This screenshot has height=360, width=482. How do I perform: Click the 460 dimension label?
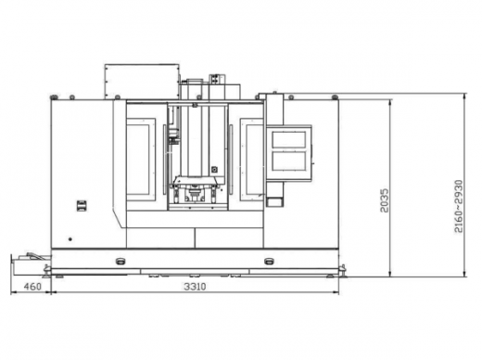click(x=32, y=287)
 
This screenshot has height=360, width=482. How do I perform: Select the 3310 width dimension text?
click(x=195, y=287)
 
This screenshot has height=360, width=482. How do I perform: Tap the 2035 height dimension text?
click(x=385, y=200)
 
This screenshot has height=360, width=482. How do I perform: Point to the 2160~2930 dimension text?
click(x=459, y=206)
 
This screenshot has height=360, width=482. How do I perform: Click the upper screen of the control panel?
click(x=289, y=139)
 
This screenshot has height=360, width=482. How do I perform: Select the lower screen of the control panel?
click(x=289, y=161)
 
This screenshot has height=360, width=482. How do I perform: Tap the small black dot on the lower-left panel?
click(x=70, y=239)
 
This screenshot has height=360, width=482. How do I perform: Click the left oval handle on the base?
click(x=120, y=262)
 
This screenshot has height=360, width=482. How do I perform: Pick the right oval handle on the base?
click(x=269, y=262)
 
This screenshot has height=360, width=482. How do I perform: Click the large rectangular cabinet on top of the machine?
click(x=142, y=82)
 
